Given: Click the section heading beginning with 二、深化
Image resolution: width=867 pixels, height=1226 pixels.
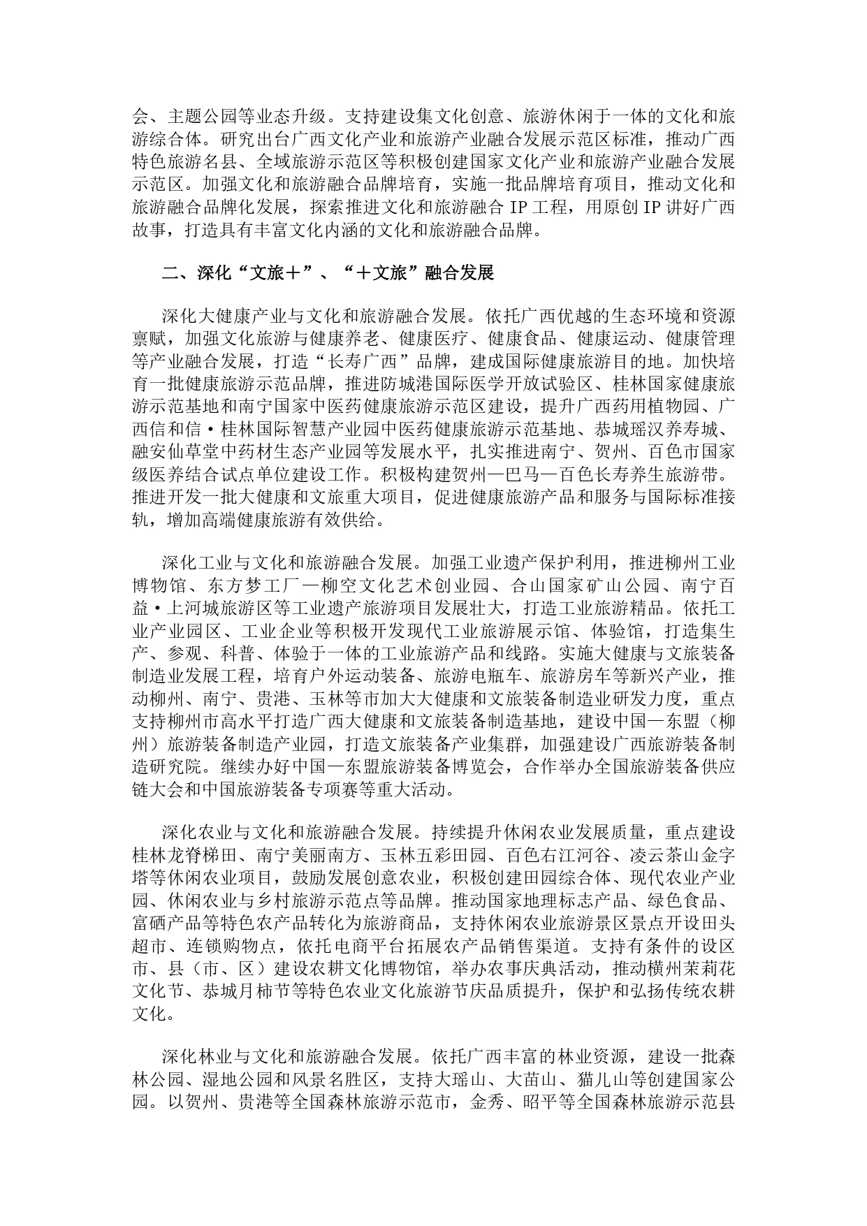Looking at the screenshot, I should click(328, 272).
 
